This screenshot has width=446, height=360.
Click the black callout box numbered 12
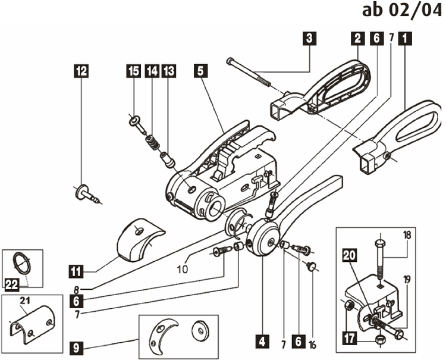click(81, 71)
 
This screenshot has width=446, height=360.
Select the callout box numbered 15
click(133, 71)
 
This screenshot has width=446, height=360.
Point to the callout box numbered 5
click(200, 71)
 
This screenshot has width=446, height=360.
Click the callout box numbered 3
click(309, 39)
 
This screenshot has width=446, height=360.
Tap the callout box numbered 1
click(406, 39)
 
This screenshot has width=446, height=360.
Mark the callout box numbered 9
click(76, 346)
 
